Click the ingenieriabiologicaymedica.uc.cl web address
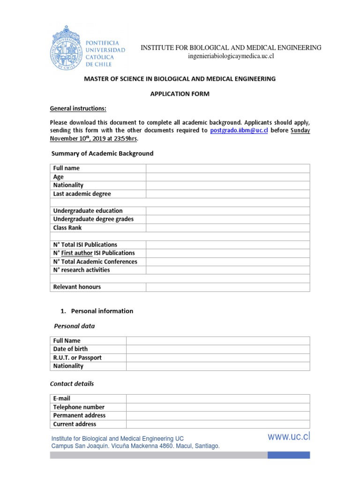pos(230,56)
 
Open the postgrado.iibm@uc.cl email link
pos(239,130)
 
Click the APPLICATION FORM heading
pos(180,94)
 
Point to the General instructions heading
pos(78,109)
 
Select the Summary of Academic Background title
pos(102,153)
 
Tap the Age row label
pos(59,177)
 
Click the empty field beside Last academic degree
pos(228,194)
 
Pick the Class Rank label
pos(67,227)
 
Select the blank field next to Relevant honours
pos(228,287)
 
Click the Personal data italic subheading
pos(74,326)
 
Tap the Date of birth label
pos(70,349)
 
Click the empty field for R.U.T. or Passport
pos(217,358)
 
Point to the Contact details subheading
pos(72,383)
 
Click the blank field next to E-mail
pos(217,398)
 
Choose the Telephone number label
pos(79,407)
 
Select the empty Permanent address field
pos(217,415)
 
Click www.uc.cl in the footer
pos(289,437)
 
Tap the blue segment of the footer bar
pos(289,455)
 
